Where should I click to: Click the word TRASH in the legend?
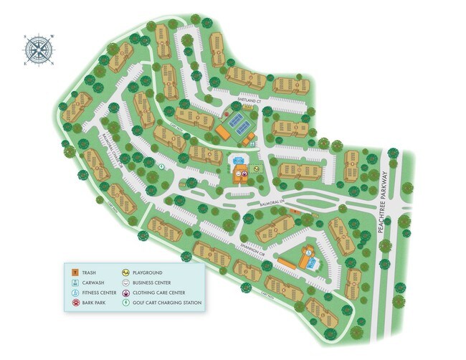(90, 273)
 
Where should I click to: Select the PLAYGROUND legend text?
(148, 273)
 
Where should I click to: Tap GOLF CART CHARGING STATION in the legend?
(167, 303)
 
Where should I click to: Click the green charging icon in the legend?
(125, 303)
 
